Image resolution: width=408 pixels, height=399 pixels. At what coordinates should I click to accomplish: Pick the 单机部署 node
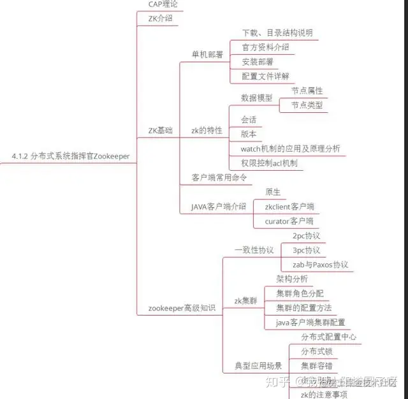click(x=207, y=55)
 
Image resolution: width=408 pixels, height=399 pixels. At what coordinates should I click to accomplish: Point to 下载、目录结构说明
click(x=277, y=33)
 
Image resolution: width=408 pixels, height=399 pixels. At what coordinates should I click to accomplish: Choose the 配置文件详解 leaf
click(x=265, y=76)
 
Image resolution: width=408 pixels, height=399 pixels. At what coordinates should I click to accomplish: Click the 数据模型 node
click(x=256, y=98)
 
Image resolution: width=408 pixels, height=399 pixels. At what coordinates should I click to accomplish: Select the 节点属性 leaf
click(x=307, y=91)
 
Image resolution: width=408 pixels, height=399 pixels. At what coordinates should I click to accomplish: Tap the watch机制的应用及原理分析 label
click(x=290, y=149)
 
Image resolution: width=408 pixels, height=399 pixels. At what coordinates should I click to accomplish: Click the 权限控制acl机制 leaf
click(x=268, y=163)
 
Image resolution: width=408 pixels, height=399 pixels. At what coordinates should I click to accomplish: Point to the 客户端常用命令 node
click(x=219, y=178)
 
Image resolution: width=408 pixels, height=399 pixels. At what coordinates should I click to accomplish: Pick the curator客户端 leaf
click(x=289, y=221)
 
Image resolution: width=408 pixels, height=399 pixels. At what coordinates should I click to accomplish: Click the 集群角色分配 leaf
click(x=300, y=293)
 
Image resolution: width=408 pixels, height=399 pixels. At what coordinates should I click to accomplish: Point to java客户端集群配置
click(x=310, y=323)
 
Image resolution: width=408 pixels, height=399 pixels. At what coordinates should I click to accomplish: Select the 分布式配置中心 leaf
click(x=328, y=337)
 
